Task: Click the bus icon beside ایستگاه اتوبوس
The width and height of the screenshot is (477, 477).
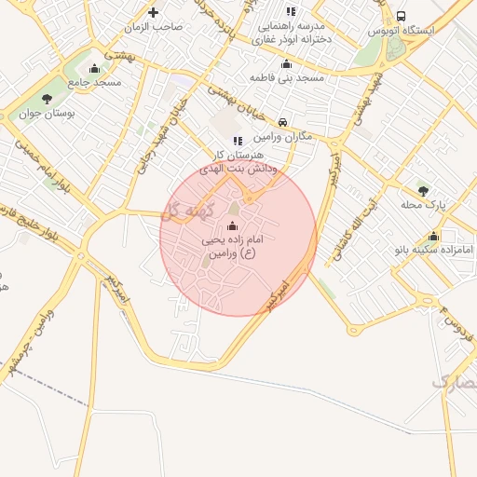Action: (x=401, y=16)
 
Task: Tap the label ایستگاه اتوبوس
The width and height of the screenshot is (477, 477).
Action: (x=428, y=31)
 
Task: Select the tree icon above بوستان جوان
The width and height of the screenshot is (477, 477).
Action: (x=47, y=100)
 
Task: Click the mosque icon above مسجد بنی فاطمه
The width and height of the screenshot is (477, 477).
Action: (x=286, y=63)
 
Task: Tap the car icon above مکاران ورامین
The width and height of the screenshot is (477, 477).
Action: (x=282, y=122)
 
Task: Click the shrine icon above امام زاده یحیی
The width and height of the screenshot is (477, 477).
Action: (x=232, y=226)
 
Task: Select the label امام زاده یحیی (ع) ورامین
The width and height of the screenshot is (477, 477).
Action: (x=227, y=246)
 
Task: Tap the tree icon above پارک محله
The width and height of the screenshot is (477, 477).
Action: (x=423, y=190)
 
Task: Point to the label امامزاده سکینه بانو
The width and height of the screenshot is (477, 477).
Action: (x=434, y=250)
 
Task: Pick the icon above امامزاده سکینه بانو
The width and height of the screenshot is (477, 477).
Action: (x=433, y=236)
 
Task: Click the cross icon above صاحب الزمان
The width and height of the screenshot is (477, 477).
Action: (x=154, y=13)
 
